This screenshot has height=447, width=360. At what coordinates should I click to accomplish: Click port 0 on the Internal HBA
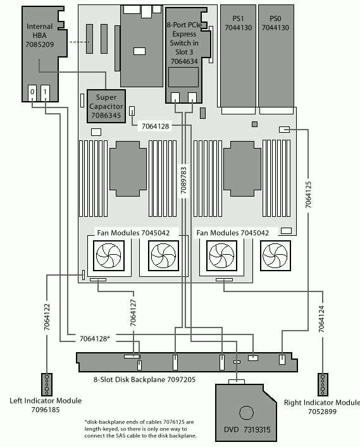point(32,93)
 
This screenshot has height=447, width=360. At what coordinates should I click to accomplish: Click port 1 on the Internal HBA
point(45,93)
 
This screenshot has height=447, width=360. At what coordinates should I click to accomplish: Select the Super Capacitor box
point(106,106)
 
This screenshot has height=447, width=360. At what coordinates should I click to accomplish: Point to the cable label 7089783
point(183,180)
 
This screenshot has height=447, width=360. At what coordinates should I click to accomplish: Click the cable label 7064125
point(308,195)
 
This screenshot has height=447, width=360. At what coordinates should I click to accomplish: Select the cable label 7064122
point(47,317)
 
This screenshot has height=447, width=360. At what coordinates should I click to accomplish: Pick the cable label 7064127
point(133,313)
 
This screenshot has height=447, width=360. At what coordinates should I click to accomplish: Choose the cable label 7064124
point(321,319)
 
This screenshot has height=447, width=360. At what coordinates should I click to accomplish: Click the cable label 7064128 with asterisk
point(95,339)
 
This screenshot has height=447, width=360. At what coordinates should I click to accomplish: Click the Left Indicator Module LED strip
point(47,384)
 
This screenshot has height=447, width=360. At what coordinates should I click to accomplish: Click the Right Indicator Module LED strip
point(323,384)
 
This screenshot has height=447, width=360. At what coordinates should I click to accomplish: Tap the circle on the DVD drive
point(246,412)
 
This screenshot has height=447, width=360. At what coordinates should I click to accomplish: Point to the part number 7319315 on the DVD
point(257,429)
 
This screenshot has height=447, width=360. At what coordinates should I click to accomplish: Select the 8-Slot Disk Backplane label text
point(145,379)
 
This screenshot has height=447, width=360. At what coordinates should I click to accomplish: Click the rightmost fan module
point(275,255)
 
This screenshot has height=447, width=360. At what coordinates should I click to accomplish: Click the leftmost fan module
point(109,255)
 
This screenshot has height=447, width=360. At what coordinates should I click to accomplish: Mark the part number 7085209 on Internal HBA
point(40,44)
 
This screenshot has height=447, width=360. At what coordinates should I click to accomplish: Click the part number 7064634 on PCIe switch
point(184,61)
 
